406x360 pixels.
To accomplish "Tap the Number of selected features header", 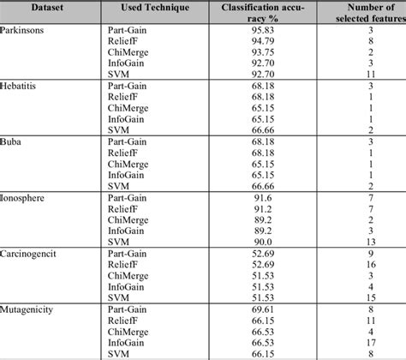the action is point(355,14).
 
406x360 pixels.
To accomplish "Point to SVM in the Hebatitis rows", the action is point(117,129).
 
